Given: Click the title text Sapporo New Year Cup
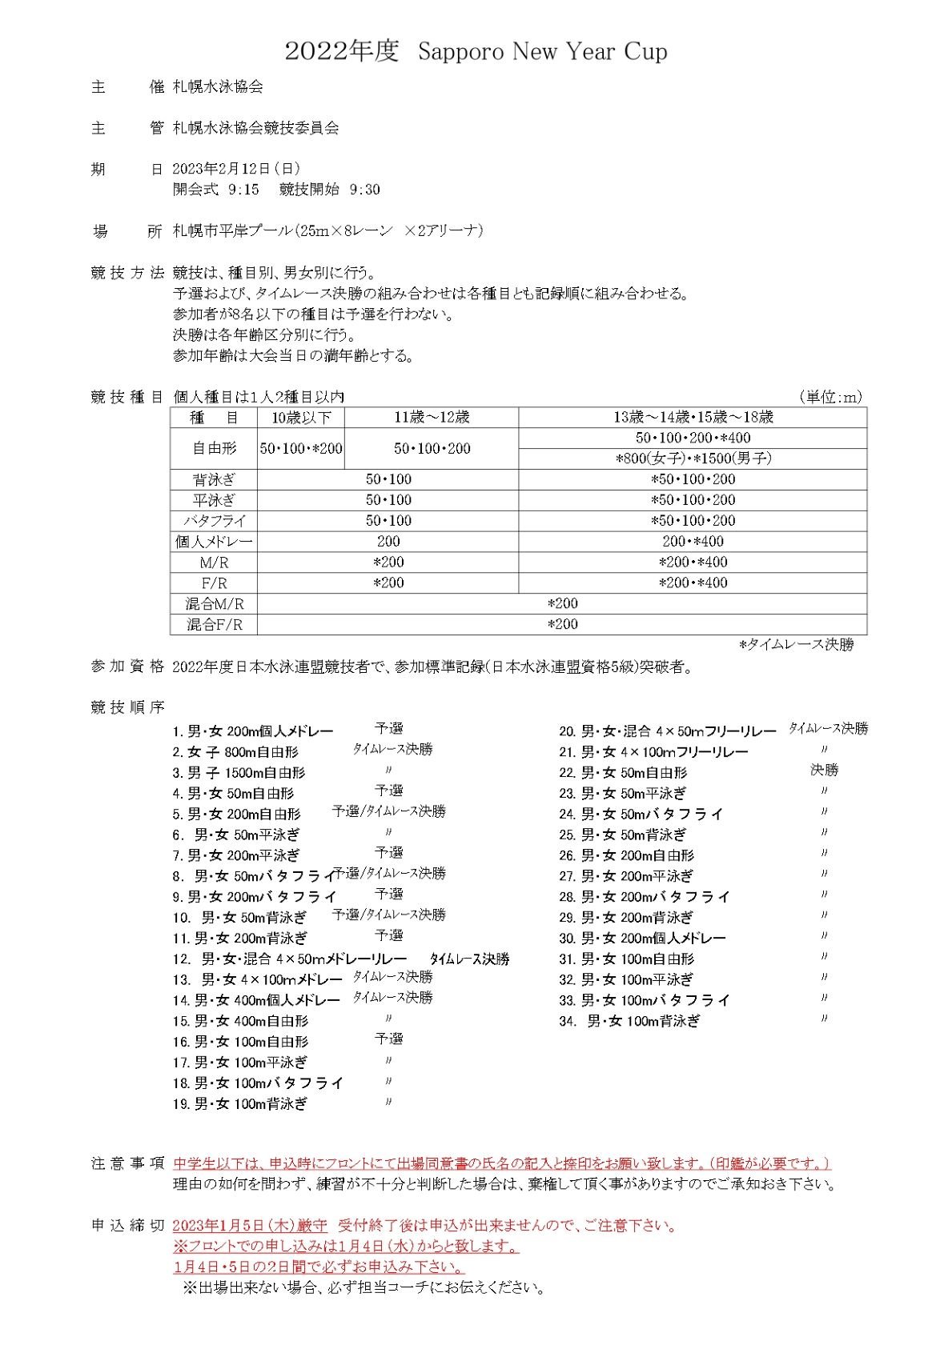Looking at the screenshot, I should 542,53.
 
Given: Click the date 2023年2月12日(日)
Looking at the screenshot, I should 236,169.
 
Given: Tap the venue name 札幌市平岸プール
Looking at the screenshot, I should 232,231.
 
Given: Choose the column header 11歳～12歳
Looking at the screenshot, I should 432,418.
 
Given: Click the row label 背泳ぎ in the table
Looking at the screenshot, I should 214,480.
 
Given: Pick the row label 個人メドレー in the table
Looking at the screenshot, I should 214,542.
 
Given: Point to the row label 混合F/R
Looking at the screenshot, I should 214,625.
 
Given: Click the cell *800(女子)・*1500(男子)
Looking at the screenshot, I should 693,459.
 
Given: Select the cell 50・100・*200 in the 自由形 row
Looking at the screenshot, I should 301,449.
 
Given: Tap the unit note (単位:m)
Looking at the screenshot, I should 830,397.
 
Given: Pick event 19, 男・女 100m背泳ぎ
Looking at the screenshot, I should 239,1104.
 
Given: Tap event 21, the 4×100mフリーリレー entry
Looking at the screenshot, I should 653,752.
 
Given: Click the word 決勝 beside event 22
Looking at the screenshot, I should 824,771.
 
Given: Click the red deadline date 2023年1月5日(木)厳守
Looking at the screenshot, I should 250,1226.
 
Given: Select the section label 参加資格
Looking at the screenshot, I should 127,666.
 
